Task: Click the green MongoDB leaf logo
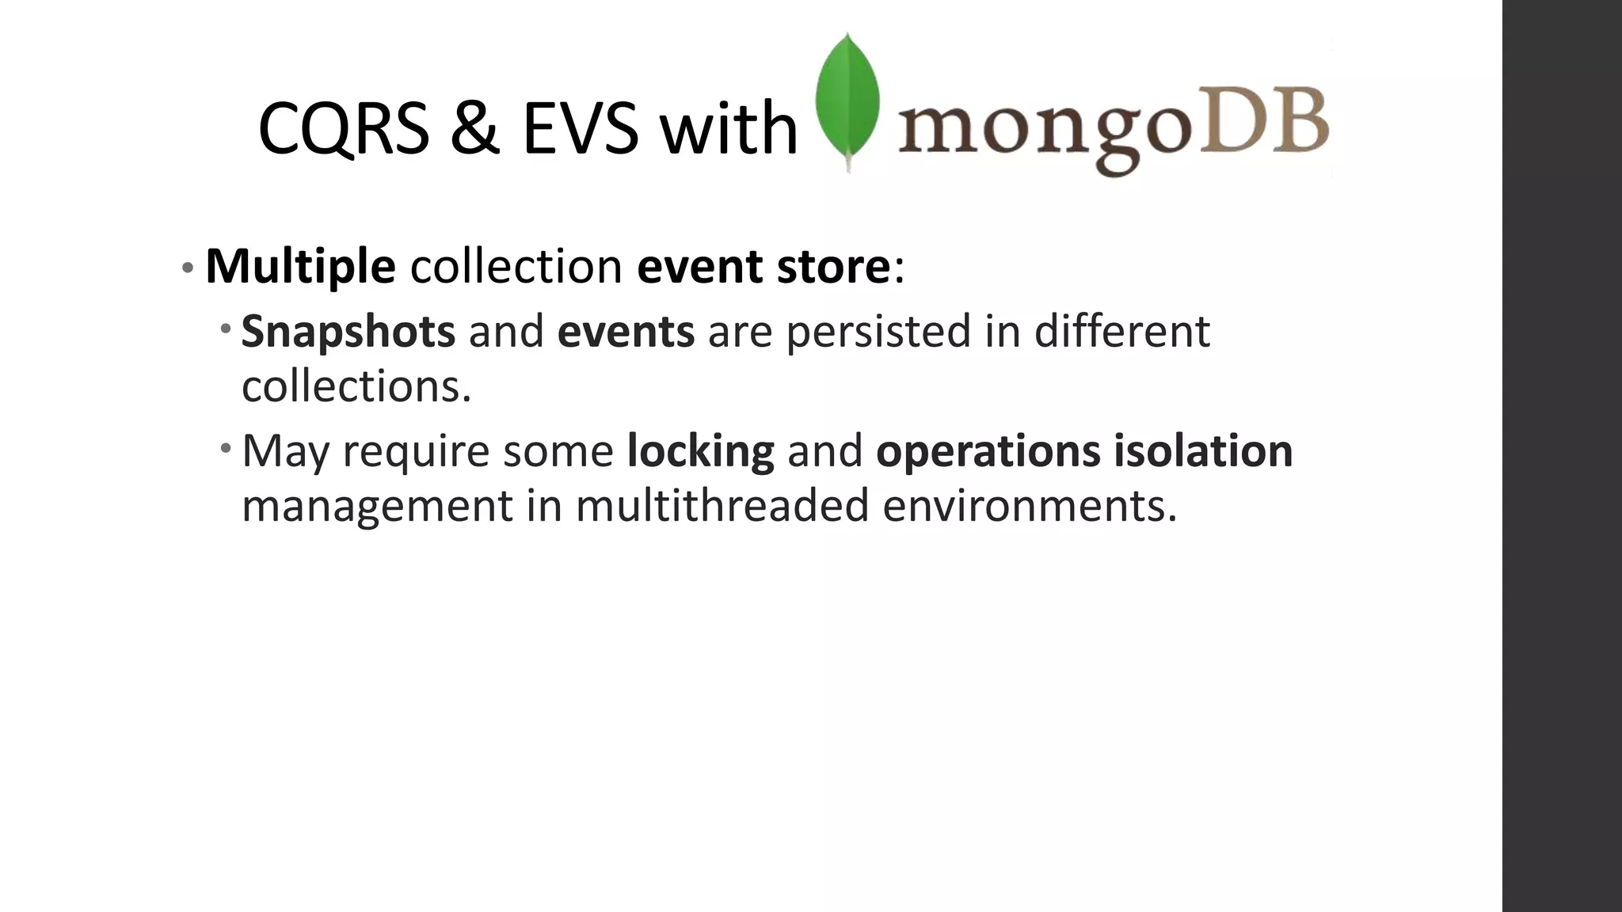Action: [847, 99]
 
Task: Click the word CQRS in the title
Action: [343, 128]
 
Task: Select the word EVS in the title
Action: [580, 128]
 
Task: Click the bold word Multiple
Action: [300, 266]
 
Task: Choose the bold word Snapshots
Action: [348, 331]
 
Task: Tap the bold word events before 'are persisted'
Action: [626, 331]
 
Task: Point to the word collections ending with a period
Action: [356, 386]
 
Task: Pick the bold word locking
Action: [700, 451]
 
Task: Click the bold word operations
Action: [988, 451]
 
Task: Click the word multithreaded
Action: [722, 505]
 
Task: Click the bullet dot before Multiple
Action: [187, 268]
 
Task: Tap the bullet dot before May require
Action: [227, 449]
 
